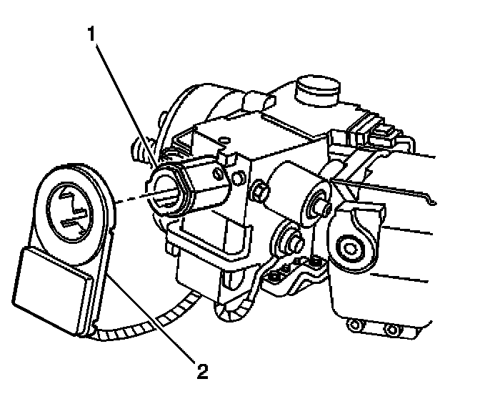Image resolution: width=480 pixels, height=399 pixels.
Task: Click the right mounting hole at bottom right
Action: click(x=390, y=330)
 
